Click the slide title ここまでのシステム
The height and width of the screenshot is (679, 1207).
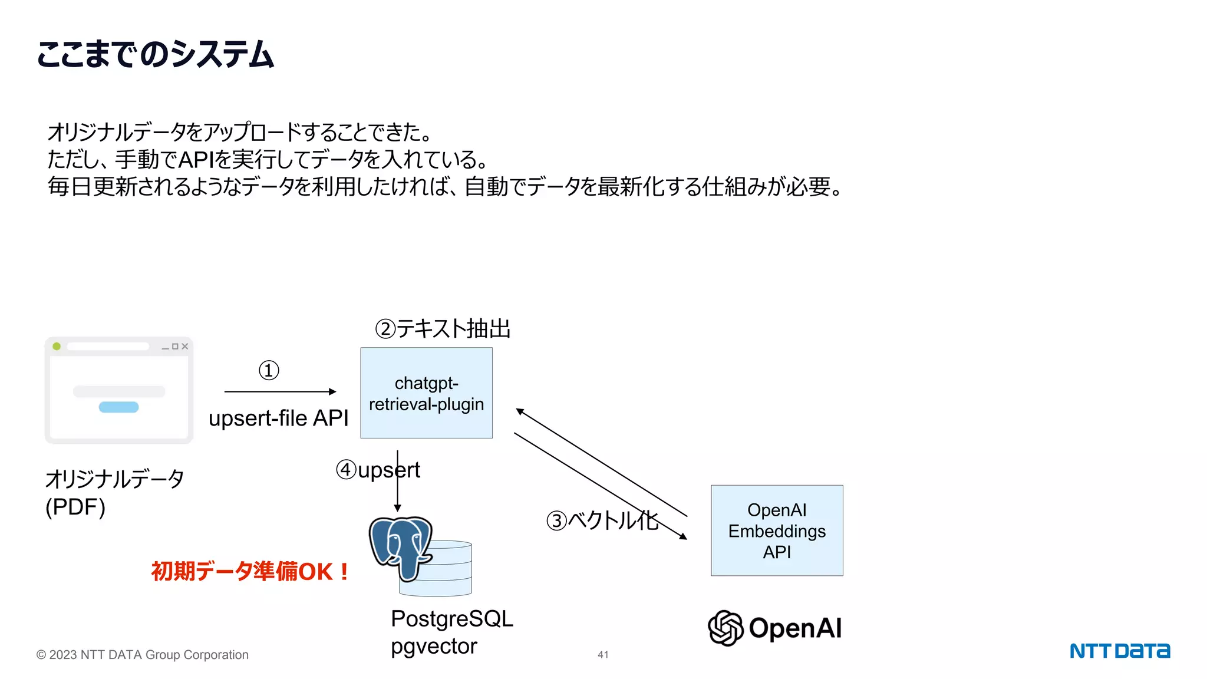(x=155, y=54)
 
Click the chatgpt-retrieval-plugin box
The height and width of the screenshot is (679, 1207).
(x=426, y=393)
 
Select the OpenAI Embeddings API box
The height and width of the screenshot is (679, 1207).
(x=777, y=530)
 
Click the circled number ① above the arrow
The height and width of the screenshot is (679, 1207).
(x=269, y=371)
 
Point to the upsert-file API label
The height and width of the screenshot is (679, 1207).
(x=278, y=418)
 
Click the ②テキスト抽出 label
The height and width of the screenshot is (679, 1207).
(x=443, y=329)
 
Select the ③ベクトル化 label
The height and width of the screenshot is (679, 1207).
(x=602, y=520)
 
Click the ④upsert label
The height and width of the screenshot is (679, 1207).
(x=377, y=470)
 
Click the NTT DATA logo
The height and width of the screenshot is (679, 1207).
(x=1119, y=651)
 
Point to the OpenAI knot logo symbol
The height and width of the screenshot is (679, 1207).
(x=725, y=628)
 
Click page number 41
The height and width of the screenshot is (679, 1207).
(x=603, y=655)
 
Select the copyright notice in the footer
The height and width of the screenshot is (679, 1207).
(x=143, y=655)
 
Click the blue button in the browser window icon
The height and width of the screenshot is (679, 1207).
(x=118, y=407)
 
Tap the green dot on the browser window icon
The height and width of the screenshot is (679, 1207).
(x=57, y=347)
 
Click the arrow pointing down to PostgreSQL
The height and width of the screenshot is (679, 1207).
(x=397, y=489)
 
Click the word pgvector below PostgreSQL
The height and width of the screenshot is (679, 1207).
(x=434, y=647)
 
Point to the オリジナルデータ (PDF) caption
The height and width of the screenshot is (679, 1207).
(x=114, y=493)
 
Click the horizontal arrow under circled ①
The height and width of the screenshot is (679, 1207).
(x=280, y=391)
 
